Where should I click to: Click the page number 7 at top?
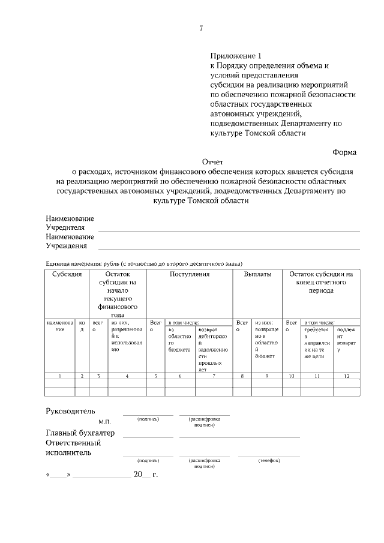pos(201,28)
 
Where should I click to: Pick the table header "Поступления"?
pos(189,274)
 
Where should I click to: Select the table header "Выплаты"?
pos(257,274)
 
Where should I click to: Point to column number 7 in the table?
pos(214,376)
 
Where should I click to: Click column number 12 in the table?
pos(346,376)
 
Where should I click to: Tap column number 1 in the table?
pos(60,376)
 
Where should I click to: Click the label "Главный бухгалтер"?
pos(80,433)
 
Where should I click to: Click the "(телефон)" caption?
pos(269,460)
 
